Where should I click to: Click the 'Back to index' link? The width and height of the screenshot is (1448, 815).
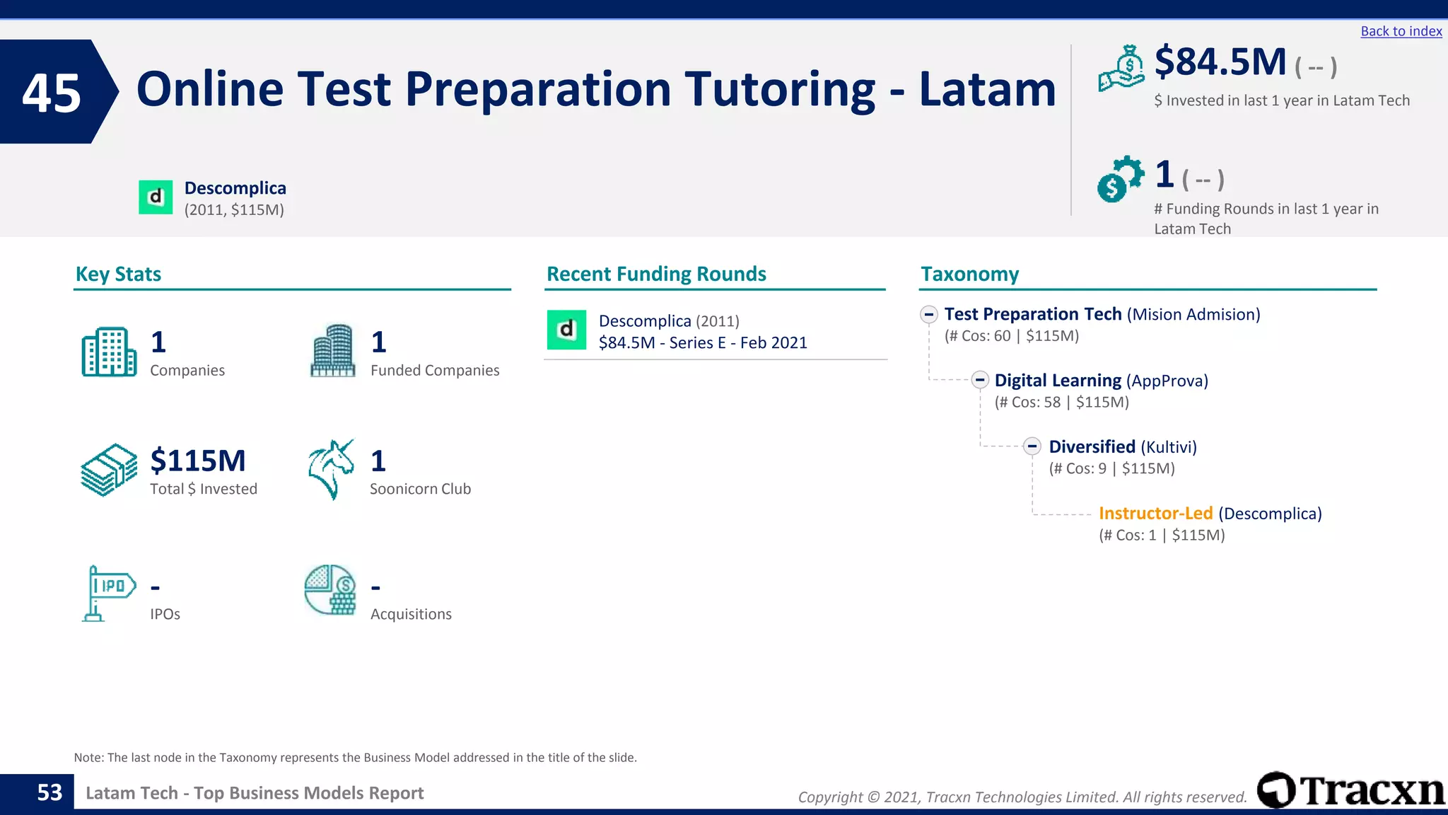point(1401,31)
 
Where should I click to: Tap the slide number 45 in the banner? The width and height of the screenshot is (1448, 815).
point(52,93)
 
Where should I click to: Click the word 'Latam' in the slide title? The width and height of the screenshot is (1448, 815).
point(987,90)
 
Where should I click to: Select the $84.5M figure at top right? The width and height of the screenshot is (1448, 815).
point(1220,62)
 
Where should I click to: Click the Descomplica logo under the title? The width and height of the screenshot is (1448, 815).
point(156,197)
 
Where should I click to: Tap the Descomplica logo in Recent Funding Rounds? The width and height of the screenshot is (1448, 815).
point(566,330)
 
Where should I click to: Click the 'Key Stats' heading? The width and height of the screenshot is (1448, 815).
point(118,274)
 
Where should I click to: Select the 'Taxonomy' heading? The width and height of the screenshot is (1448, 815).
point(969,274)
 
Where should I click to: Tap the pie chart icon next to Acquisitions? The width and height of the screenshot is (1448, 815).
point(330,590)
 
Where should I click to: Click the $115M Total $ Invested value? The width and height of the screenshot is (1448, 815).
point(198,461)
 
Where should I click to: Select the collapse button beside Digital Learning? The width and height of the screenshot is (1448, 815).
point(979,380)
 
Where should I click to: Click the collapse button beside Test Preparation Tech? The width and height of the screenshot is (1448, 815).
point(929,314)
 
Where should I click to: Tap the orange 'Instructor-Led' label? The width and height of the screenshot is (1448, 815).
point(1155,513)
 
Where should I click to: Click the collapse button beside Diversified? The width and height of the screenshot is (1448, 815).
point(1032,446)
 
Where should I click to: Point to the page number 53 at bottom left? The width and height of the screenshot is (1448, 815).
point(49,792)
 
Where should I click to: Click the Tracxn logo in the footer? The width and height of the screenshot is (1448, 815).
point(1350,790)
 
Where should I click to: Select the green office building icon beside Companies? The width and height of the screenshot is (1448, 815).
point(109,352)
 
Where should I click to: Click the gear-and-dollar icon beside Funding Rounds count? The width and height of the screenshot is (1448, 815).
point(1120,179)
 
